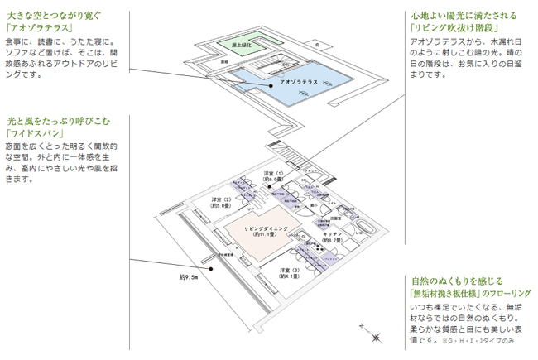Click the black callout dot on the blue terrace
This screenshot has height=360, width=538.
(x=270, y=86)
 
